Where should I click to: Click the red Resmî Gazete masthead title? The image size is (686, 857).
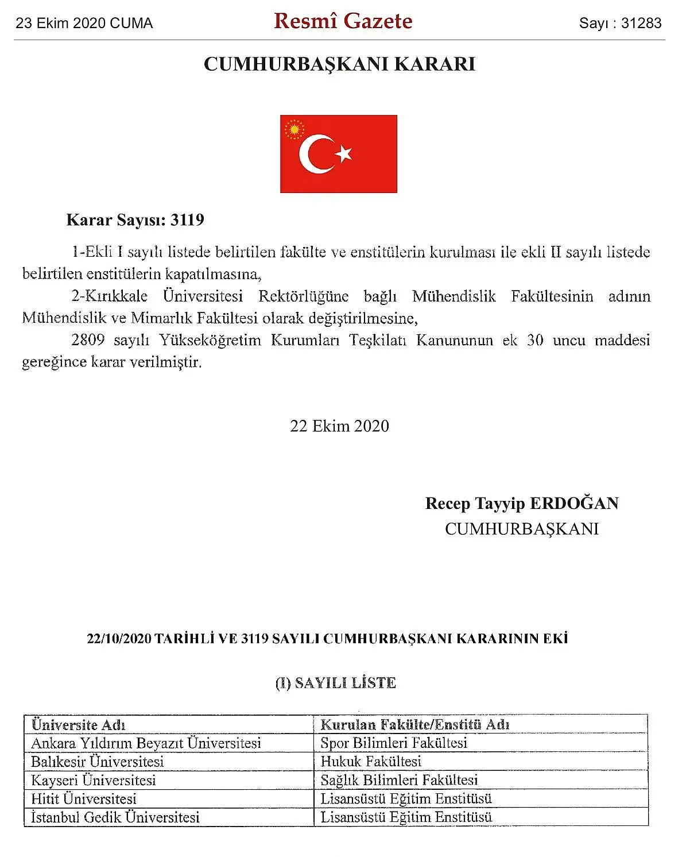pos(343,21)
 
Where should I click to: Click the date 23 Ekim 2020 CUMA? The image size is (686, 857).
pos(84,24)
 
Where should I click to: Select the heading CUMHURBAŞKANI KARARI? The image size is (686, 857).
pos(339,64)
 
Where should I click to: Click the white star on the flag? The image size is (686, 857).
pos(344,153)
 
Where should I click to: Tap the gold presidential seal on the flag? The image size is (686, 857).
pos(294,129)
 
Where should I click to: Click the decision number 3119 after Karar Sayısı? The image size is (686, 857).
pos(187,220)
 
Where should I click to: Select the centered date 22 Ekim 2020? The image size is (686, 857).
pos(339,426)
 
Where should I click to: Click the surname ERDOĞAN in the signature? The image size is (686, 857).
pos(573,503)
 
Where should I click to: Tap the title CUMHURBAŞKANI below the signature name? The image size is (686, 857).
pos(521,528)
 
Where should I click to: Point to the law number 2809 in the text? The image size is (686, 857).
pos(88,340)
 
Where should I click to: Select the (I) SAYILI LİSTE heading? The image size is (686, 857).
pos(336,683)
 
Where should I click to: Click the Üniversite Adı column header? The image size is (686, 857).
pos(78,724)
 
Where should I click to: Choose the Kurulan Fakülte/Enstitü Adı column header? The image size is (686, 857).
pos(414,724)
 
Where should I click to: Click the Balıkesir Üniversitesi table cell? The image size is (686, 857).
pos(98,762)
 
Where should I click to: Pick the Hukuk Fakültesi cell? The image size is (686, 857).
pos(371,762)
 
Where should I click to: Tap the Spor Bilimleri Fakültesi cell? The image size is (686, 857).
pos(394,743)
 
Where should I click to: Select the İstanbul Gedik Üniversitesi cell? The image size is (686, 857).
pos(115,817)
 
